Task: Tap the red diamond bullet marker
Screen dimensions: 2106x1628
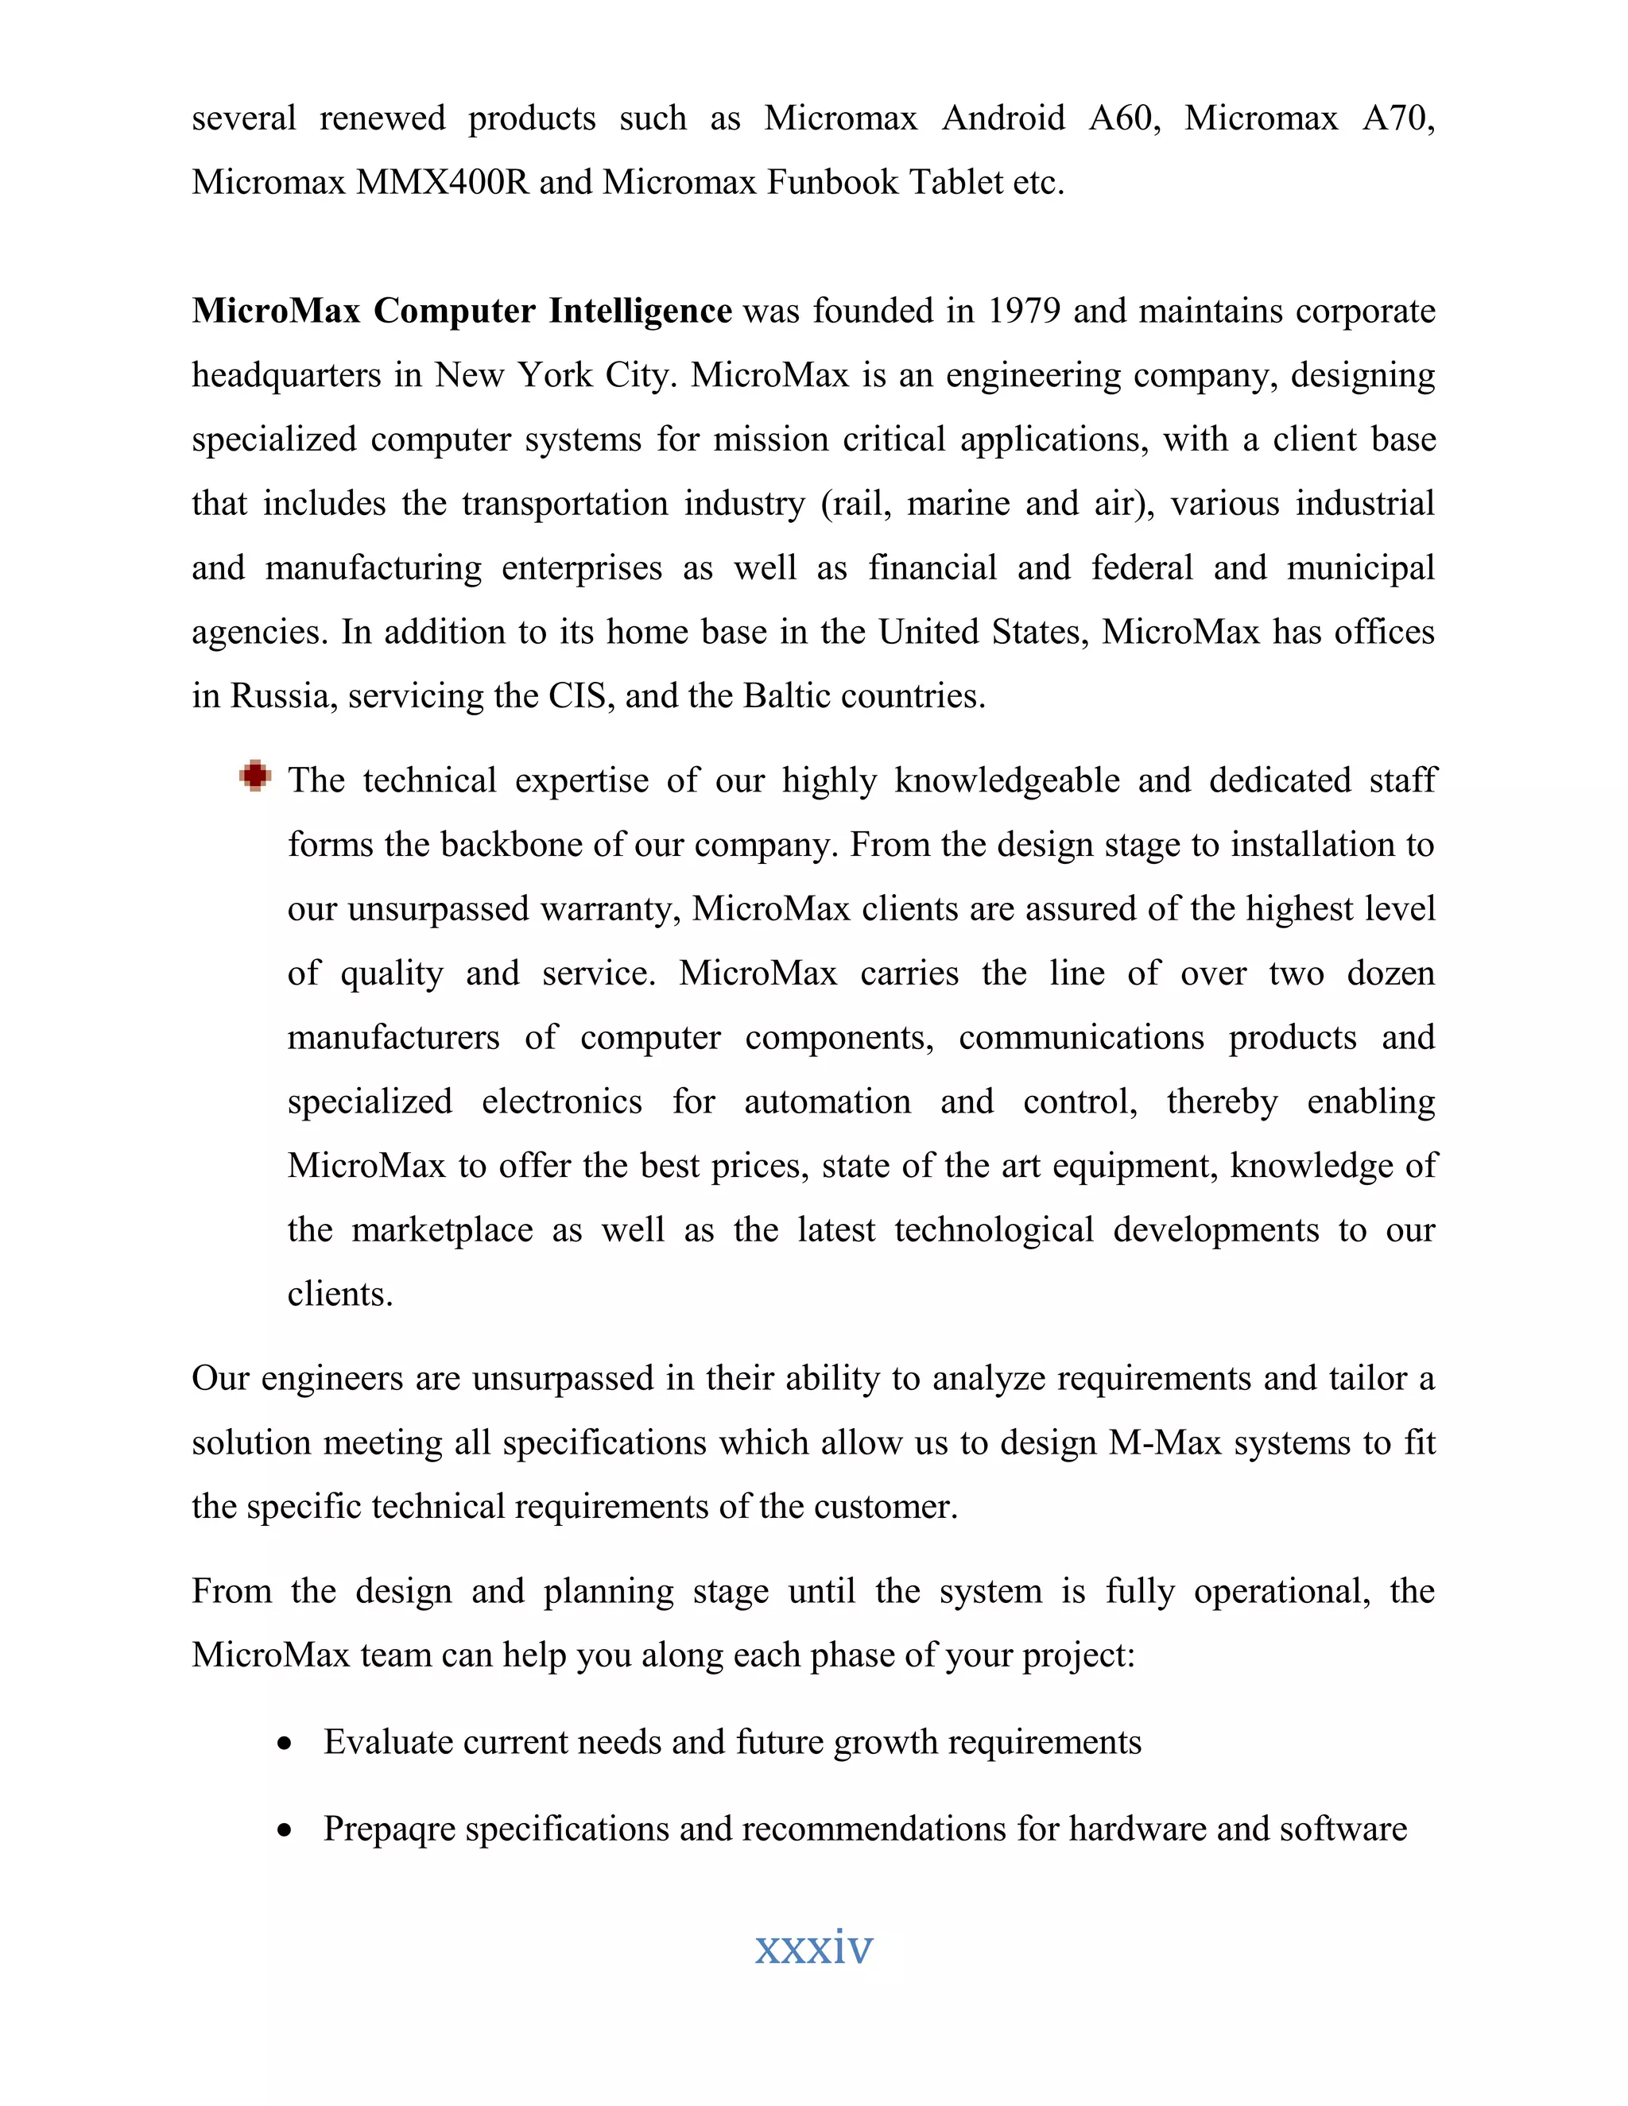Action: (256, 776)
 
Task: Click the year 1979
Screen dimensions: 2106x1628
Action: (1024, 311)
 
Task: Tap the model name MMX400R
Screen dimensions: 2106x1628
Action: (442, 181)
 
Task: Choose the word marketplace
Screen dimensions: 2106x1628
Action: (442, 1229)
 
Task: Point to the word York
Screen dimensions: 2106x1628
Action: (553, 374)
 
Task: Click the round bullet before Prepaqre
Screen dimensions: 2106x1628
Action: (284, 1830)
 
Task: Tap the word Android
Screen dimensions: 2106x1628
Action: (1003, 118)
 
